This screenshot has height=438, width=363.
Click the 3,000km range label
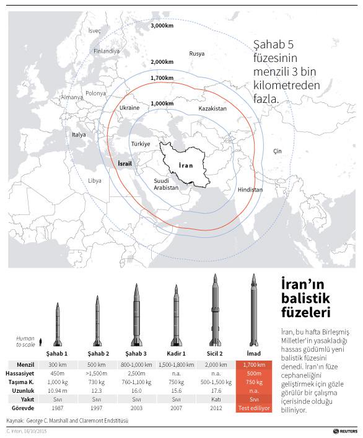click(x=162, y=26)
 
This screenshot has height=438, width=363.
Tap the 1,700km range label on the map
click(x=162, y=78)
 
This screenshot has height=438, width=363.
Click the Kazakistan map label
click(x=212, y=108)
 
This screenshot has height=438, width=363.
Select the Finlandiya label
click(x=107, y=51)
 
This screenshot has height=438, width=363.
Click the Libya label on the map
click(x=94, y=181)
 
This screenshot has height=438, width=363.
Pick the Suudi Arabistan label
click(x=166, y=184)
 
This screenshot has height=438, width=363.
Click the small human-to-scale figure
click(x=40, y=341)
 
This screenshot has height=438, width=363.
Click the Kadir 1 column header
click(x=177, y=353)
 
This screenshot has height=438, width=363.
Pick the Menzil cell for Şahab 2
click(x=97, y=365)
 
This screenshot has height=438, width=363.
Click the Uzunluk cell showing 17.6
click(x=216, y=392)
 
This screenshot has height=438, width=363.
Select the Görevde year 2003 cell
click(x=137, y=409)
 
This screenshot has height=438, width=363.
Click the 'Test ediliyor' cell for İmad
click(x=254, y=409)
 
